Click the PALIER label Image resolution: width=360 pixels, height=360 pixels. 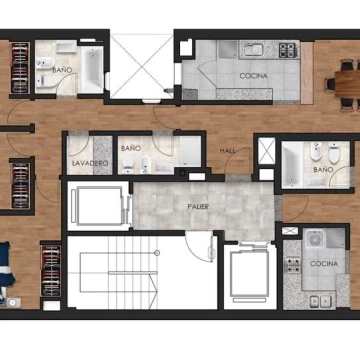tap(198, 207)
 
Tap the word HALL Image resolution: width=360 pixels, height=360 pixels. tap(227, 151)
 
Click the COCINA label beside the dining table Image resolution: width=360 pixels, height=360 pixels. tap(253, 76)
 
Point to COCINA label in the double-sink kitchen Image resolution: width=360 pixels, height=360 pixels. tap(324, 264)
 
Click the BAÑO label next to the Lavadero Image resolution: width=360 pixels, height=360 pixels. tap(131, 148)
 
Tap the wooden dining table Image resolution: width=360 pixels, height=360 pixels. tap(348, 84)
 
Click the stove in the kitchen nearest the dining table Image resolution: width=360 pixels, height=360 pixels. tap(287, 50)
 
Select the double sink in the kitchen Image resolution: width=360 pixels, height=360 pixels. tap(319, 302)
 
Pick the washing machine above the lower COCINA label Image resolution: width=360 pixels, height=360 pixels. tap(314, 239)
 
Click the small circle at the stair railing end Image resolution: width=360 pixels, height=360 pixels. tap(157, 253)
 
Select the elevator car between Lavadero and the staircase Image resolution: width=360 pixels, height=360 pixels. tap(98, 206)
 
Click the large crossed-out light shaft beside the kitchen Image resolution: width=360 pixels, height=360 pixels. tap(142, 66)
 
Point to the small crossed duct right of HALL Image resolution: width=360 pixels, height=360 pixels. tap(267, 151)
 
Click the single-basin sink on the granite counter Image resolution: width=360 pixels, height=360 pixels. tap(254, 50)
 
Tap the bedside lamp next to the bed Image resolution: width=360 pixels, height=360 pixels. tap(13, 303)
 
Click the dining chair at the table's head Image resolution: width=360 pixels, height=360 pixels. tap(330, 84)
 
